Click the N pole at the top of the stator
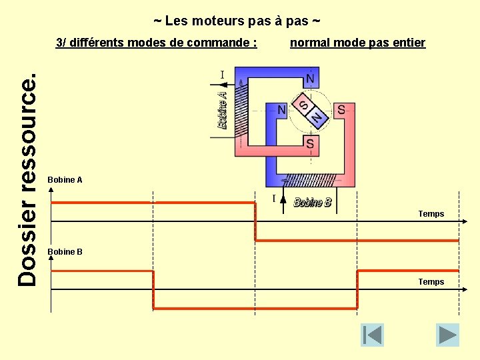[309, 79]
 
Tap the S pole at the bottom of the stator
[310, 143]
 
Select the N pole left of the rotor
[282, 109]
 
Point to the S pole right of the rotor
[341, 109]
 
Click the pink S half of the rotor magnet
[304, 106]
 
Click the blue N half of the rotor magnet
[317, 118]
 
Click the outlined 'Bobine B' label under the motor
[313, 202]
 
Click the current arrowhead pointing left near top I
[223, 84]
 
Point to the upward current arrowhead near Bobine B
[283, 198]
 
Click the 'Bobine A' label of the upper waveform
[65, 180]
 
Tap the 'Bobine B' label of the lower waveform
[65, 252]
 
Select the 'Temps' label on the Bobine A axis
[431, 214]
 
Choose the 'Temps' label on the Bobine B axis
[431, 282]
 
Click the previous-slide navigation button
[372, 335]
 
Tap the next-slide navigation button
[447, 335]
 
